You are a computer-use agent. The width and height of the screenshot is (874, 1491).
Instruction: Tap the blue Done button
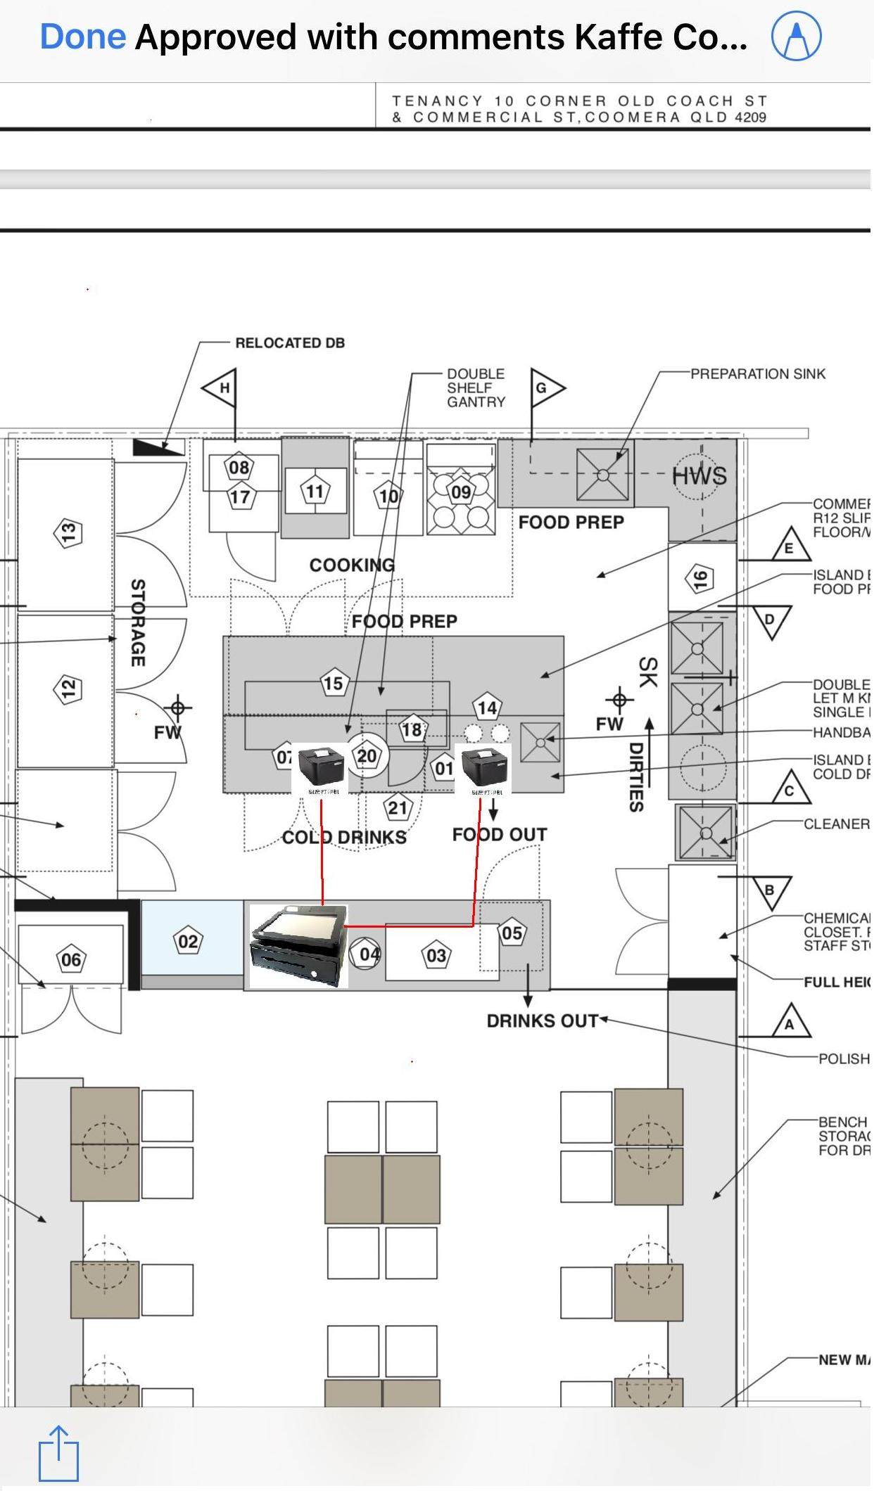tap(82, 37)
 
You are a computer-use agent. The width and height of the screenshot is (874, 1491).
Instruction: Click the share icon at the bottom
tap(58, 1452)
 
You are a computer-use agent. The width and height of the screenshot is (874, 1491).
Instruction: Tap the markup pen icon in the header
tap(796, 37)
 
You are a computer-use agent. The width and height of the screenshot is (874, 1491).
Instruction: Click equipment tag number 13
tap(68, 532)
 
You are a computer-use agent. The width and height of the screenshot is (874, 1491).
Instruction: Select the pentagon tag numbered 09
tap(461, 492)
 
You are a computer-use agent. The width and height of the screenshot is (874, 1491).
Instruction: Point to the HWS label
tap(699, 476)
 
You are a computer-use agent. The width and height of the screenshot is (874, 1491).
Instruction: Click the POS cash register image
tap(299, 945)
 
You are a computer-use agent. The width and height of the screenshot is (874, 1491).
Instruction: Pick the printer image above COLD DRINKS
tap(321, 768)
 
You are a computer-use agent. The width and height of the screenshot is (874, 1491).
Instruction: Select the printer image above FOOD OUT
tap(484, 768)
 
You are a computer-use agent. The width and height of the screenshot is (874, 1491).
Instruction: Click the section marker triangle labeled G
tap(545, 388)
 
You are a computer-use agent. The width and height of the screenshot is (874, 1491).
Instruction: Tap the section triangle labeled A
tap(790, 1023)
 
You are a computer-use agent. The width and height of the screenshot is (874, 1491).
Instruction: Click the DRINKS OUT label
tap(542, 1020)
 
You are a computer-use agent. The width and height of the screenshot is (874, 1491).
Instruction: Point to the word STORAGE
tap(138, 622)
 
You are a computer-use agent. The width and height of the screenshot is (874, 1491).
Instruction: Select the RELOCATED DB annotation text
tap(290, 343)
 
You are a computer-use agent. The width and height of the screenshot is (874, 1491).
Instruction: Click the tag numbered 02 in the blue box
tap(188, 941)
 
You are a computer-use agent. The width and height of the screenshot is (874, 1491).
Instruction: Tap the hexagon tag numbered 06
tap(71, 959)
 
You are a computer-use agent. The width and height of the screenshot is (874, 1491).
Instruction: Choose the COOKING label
tap(352, 565)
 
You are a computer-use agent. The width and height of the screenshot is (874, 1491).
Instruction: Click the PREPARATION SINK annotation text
tap(757, 373)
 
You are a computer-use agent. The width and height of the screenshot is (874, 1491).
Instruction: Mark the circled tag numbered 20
tap(367, 756)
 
